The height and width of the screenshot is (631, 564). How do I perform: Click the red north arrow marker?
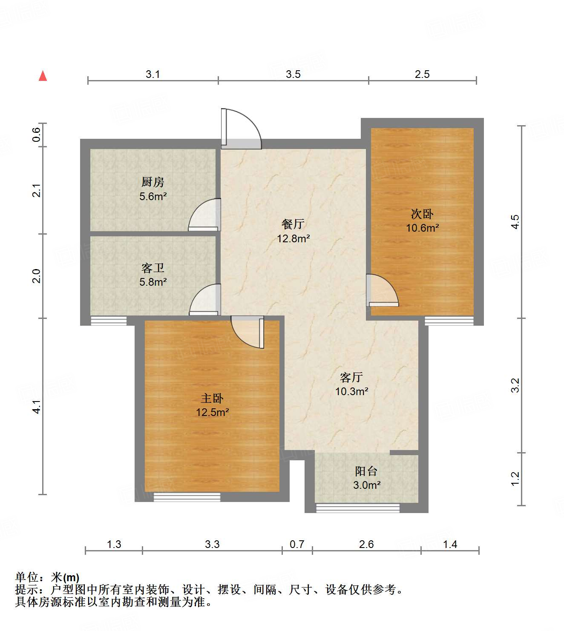(x=43, y=76)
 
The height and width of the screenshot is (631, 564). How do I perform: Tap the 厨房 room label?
(x=153, y=182)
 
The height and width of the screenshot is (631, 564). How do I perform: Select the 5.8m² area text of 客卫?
(x=153, y=282)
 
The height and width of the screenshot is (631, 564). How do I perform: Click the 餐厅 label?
(x=293, y=224)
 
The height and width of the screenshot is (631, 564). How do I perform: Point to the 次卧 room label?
(x=422, y=214)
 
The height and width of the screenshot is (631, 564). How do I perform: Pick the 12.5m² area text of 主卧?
(x=213, y=412)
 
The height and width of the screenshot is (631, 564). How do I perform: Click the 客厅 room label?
(x=351, y=377)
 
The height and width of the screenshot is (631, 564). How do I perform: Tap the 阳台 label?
(x=366, y=471)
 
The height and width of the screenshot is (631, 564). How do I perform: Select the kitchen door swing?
(x=205, y=215)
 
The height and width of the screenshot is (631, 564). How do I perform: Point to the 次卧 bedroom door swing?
(x=382, y=291)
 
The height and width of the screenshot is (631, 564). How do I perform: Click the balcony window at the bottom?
(x=358, y=508)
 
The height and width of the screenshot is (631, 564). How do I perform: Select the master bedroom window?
(x=187, y=497)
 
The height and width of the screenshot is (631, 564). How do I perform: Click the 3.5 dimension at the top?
(x=293, y=74)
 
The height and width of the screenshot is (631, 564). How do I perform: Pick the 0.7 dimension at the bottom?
(x=297, y=544)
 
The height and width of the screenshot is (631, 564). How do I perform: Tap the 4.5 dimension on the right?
(x=515, y=222)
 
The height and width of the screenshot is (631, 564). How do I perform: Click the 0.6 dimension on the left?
(x=37, y=135)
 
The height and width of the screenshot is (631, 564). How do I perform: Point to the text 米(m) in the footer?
(x=65, y=577)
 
